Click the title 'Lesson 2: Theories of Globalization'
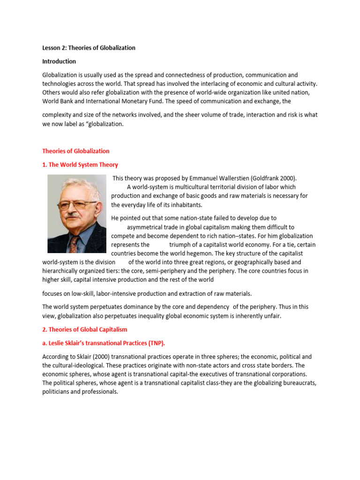click(x=89, y=48)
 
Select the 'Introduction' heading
click(x=59, y=61)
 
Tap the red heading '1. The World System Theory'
click(x=80, y=165)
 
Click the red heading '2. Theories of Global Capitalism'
click(x=85, y=330)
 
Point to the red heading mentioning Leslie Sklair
click(x=104, y=343)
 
